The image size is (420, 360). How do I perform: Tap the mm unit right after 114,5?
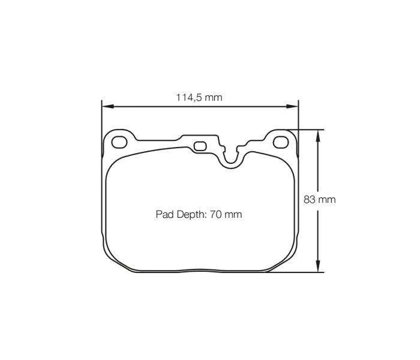coord(214,97)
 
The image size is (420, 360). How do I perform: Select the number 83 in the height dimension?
coord(310,200)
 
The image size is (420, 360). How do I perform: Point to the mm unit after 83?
coord(327,200)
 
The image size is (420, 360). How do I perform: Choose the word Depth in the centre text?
coord(191,214)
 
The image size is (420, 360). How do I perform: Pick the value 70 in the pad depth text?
coord(216,214)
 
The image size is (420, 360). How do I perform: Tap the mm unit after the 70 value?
coord(233,214)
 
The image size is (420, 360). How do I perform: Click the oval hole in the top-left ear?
coord(120,142)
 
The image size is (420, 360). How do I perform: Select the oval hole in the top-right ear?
coord(280,142)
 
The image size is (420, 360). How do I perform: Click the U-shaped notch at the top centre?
coord(232,158)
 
